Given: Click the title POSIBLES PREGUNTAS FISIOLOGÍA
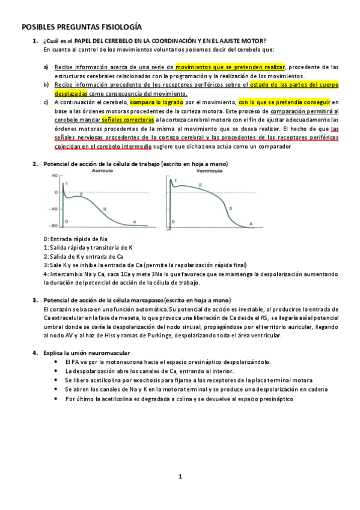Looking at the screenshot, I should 81,27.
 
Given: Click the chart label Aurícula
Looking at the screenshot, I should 102,171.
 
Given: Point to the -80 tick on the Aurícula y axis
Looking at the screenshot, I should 53,226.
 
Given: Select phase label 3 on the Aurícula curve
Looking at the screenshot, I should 105,209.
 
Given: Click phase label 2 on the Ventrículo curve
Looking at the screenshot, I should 198,185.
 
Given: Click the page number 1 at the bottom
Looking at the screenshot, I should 180,477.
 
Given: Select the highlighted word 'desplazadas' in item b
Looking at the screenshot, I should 71,94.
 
